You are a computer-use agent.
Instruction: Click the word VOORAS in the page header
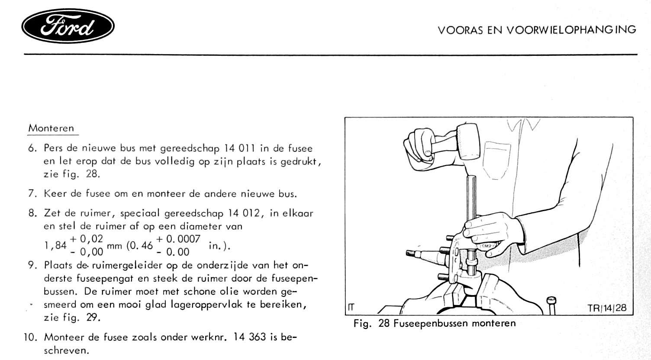click(456, 30)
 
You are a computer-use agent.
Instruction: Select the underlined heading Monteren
click(51, 128)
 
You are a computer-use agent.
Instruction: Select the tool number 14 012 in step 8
click(239, 213)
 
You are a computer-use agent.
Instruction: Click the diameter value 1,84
click(55, 246)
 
